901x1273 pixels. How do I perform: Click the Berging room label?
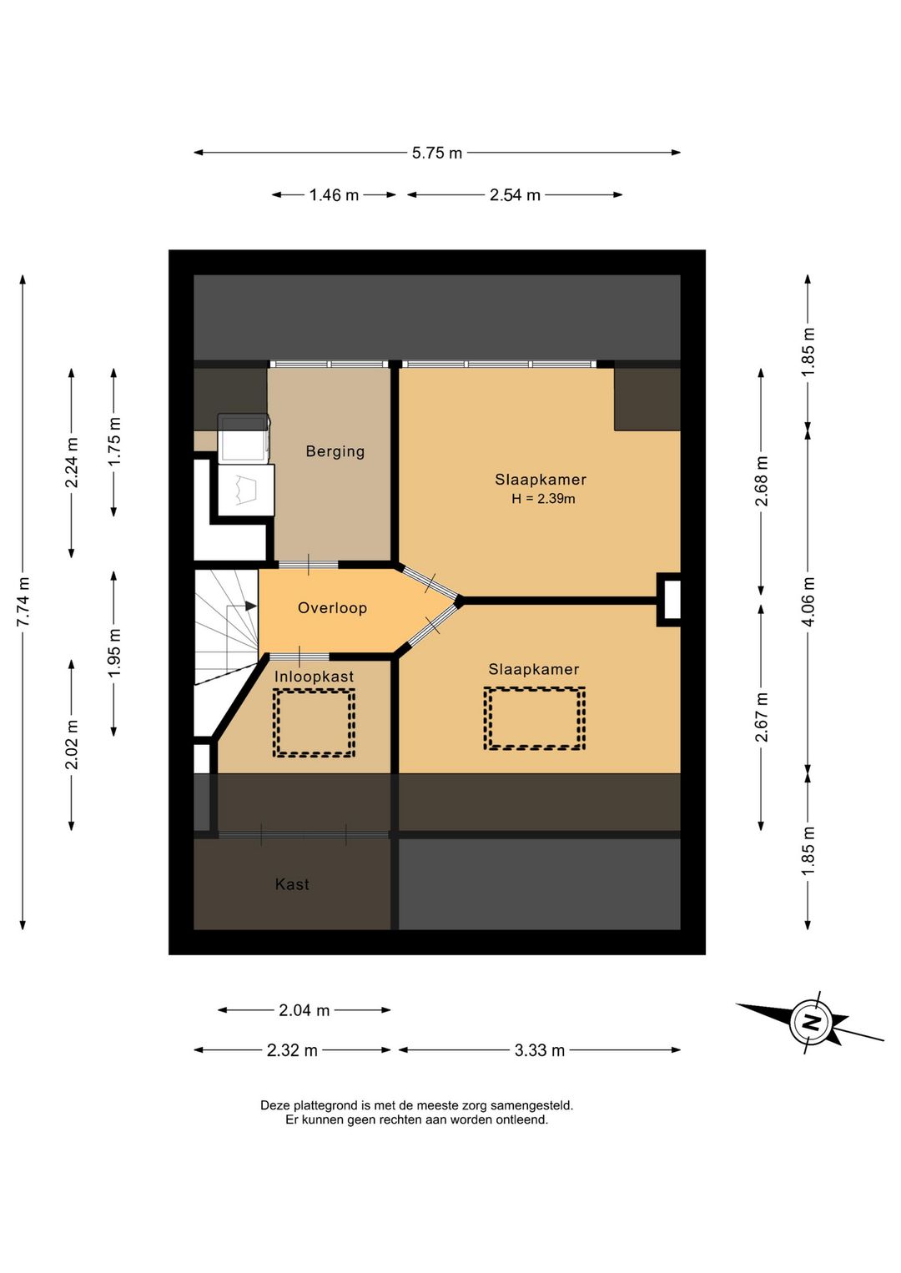[335, 451]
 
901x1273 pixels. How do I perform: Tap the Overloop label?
[333, 608]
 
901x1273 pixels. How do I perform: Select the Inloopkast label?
[314, 677]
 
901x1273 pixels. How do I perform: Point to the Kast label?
[292, 883]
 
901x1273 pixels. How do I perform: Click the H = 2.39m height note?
[543, 499]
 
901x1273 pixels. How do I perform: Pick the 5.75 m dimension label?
[437, 153]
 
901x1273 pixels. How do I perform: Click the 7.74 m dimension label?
[23, 601]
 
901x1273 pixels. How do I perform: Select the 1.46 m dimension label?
[334, 195]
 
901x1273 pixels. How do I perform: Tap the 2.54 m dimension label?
[515, 195]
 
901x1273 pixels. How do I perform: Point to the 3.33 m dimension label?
[540, 1050]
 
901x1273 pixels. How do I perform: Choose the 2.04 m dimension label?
[305, 1010]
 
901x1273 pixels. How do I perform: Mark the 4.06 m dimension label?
[808, 601]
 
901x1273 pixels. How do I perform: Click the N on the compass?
[812, 1023]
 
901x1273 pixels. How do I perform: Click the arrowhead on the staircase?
[251, 606]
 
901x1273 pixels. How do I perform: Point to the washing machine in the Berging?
[244, 438]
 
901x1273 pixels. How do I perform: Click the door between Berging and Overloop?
[308, 565]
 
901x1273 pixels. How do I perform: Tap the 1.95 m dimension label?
[115, 653]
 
